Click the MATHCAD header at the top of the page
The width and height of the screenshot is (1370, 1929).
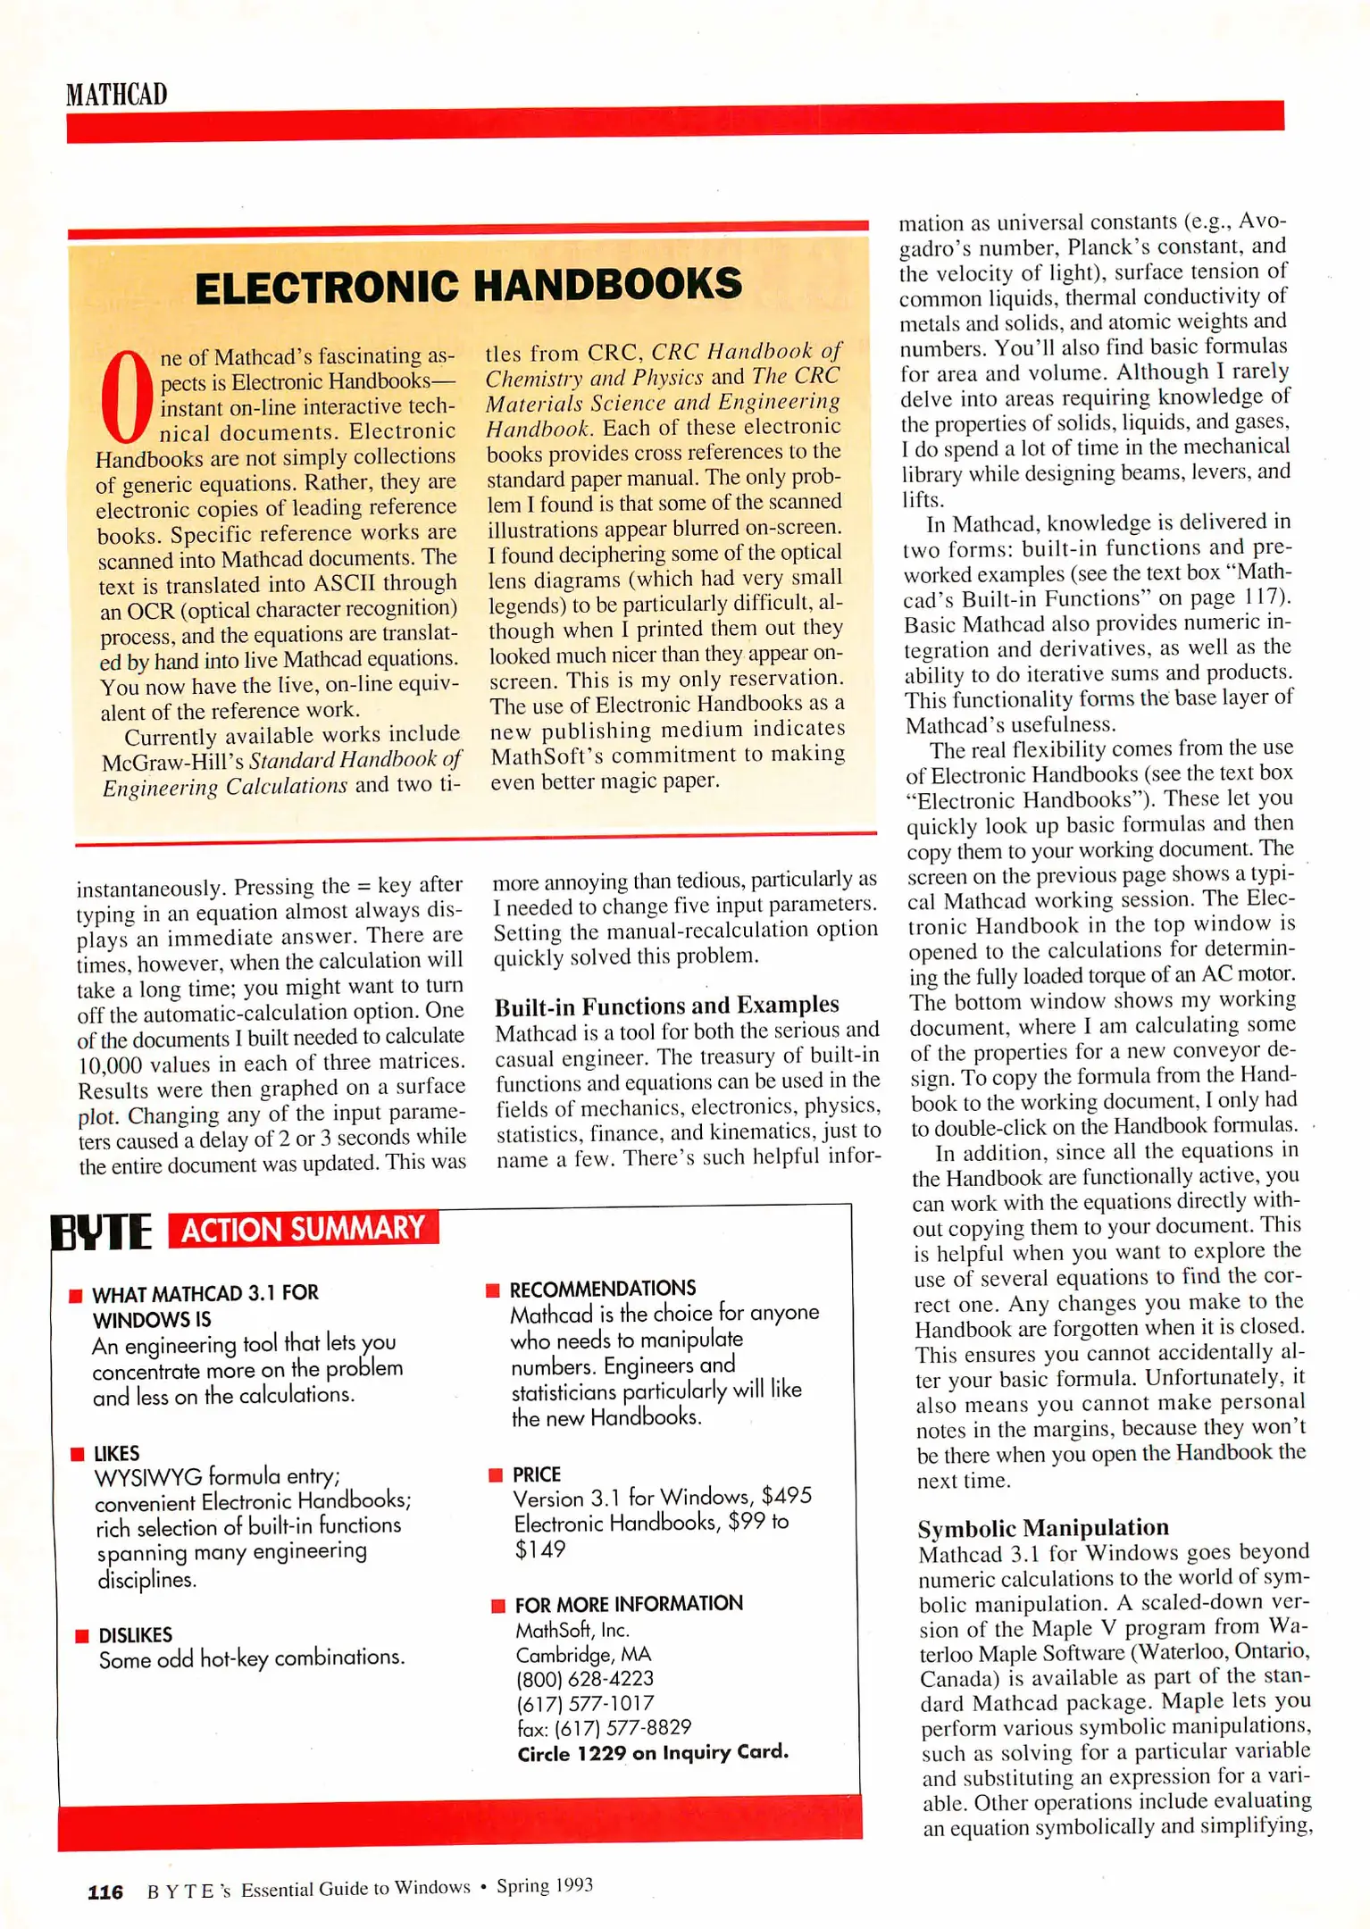pyautogui.click(x=116, y=95)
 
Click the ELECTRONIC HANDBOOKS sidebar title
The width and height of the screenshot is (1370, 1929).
pyautogui.click(x=468, y=286)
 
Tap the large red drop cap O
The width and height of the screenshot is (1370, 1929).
pyautogui.click(x=127, y=397)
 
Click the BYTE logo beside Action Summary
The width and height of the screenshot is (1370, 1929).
pyautogui.click(x=101, y=1232)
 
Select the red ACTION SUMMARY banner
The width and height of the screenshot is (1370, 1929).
pyautogui.click(x=303, y=1228)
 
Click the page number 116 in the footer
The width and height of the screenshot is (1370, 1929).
pyautogui.click(x=104, y=1891)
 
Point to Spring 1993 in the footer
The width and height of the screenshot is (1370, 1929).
pyautogui.click(x=544, y=1885)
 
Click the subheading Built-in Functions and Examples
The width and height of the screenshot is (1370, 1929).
pyautogui.click(x=666, y=1006)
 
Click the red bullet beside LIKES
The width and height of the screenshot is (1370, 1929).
pyautogui.click(x=77, y=1455)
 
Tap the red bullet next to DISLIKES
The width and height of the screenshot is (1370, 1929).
pyautogui.click(x=82, y=1636)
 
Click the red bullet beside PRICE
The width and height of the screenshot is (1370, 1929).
pyautogui.click(x=496, y=1474)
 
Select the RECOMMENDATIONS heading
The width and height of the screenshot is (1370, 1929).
pyautogui.click(x=602, y=1289)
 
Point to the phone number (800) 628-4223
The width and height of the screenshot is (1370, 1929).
pyautogui.click(x=584, y=1679)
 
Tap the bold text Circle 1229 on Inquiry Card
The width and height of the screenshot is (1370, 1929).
pyautogui.click(x=652, y=1752)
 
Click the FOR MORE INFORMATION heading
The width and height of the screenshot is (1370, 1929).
pyautogui.click(x=628, y=1604)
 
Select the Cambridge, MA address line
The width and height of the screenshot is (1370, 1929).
pyautogui.click(x=582, y=1655)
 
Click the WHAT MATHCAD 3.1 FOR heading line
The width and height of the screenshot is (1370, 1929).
pyautogui.click(x=205, y=1293)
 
